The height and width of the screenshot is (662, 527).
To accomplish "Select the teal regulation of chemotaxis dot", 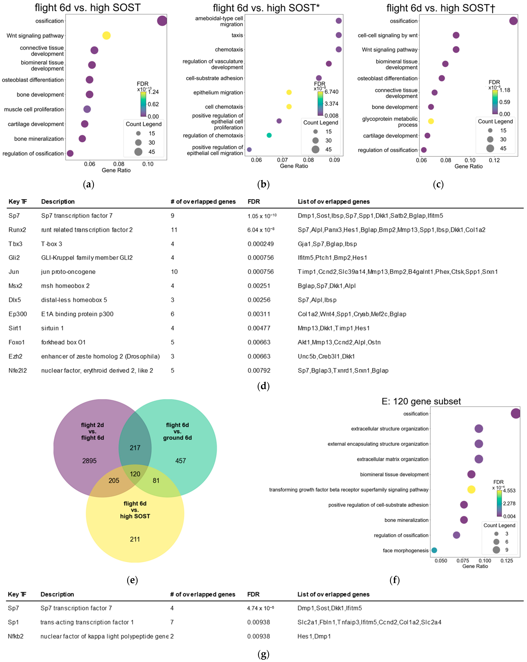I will click(269, 135).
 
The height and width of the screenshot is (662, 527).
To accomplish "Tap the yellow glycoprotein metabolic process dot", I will click(431, 121).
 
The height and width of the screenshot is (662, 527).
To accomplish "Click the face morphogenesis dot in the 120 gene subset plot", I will click(434, 550).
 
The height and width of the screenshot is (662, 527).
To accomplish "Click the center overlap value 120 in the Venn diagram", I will click(135, 474).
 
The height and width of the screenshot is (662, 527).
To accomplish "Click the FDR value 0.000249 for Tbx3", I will click(261, 244).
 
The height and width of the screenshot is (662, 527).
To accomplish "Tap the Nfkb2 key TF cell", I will click(16, 636).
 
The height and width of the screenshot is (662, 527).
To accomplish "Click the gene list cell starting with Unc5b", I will click(326, 356).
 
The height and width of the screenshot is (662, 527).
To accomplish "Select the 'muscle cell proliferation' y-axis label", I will click(34, 109).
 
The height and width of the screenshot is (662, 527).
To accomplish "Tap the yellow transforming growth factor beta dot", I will click(471, 489).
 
